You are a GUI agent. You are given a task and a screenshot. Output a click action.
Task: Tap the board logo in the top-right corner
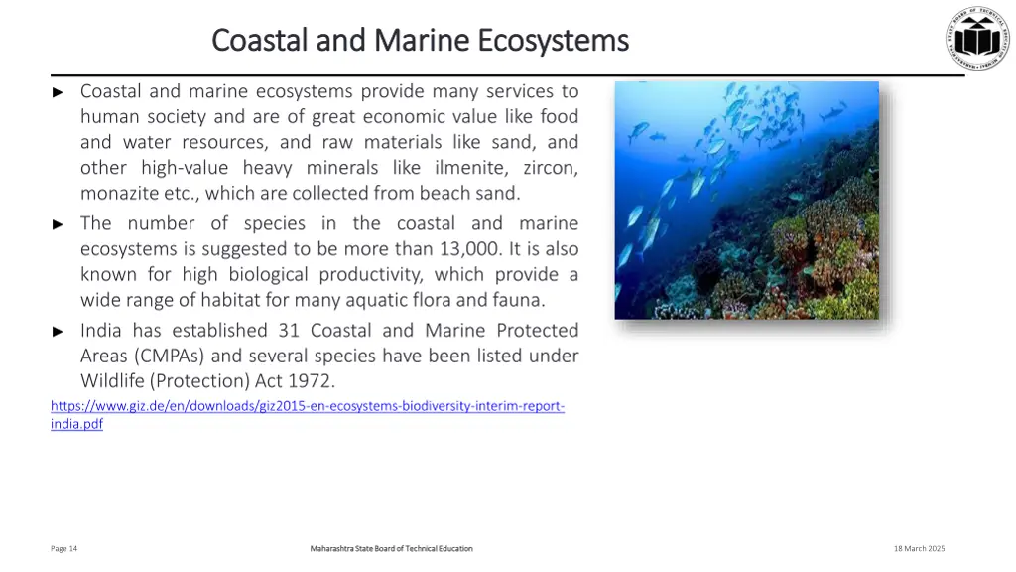click(975, 38)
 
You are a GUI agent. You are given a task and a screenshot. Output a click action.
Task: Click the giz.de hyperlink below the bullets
click(308, 407)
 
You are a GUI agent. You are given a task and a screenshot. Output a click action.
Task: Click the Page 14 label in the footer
click(63, 549)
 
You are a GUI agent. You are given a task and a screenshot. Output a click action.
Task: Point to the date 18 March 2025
click(919, 549)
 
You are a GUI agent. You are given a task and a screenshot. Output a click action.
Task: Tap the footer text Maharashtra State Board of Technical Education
click(391, 549)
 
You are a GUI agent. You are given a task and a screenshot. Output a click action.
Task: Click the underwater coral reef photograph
click(746, 201)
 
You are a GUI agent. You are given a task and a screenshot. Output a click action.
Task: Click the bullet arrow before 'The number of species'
click(58, 224)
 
